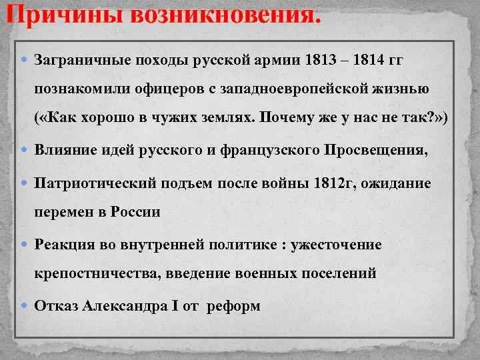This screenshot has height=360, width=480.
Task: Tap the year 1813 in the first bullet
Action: (318, 60)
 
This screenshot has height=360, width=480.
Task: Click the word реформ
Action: (234, 306)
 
